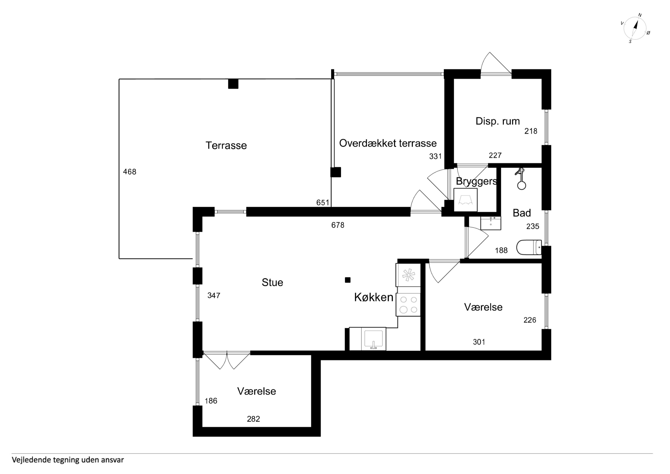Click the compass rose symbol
point(635,28)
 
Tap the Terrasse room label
point(226,145)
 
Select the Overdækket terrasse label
point(388,143)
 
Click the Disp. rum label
point(498,121)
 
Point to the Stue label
point(272,282)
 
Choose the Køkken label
point(374,297)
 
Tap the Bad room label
point(522,213)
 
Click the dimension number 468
point(130,172)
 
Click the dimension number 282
point(253,419)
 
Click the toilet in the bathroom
point(529,247)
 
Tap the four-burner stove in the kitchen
point(408,305)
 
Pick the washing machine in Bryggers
point(465,200)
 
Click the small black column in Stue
point(348,280)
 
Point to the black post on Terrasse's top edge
point(233,84)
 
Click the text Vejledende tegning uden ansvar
point(68,460)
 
